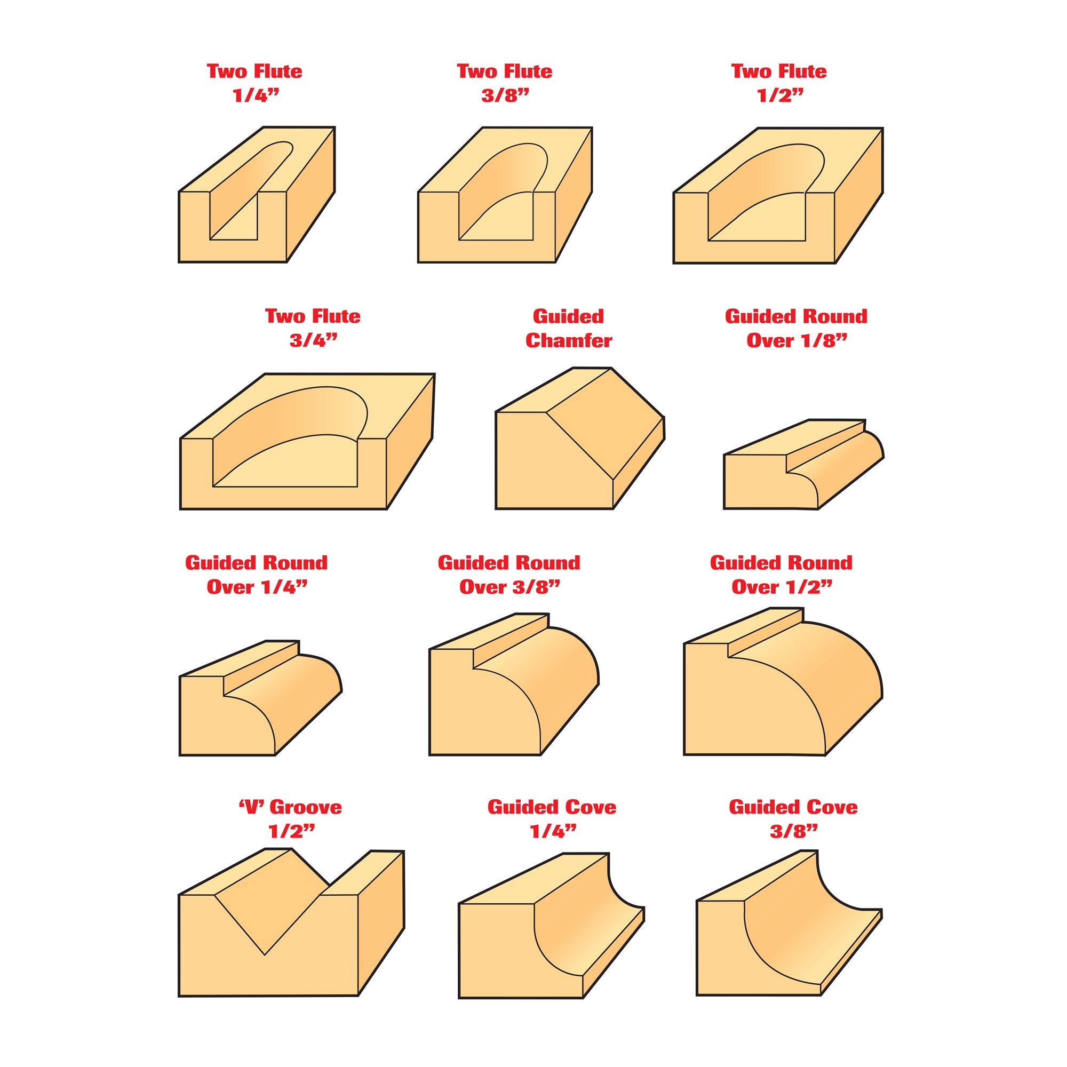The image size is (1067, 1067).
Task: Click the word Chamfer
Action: coord(568,341)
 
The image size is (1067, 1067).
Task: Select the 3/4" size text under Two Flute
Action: coord(313,340)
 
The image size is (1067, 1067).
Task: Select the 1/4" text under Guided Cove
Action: coord(553,832)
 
